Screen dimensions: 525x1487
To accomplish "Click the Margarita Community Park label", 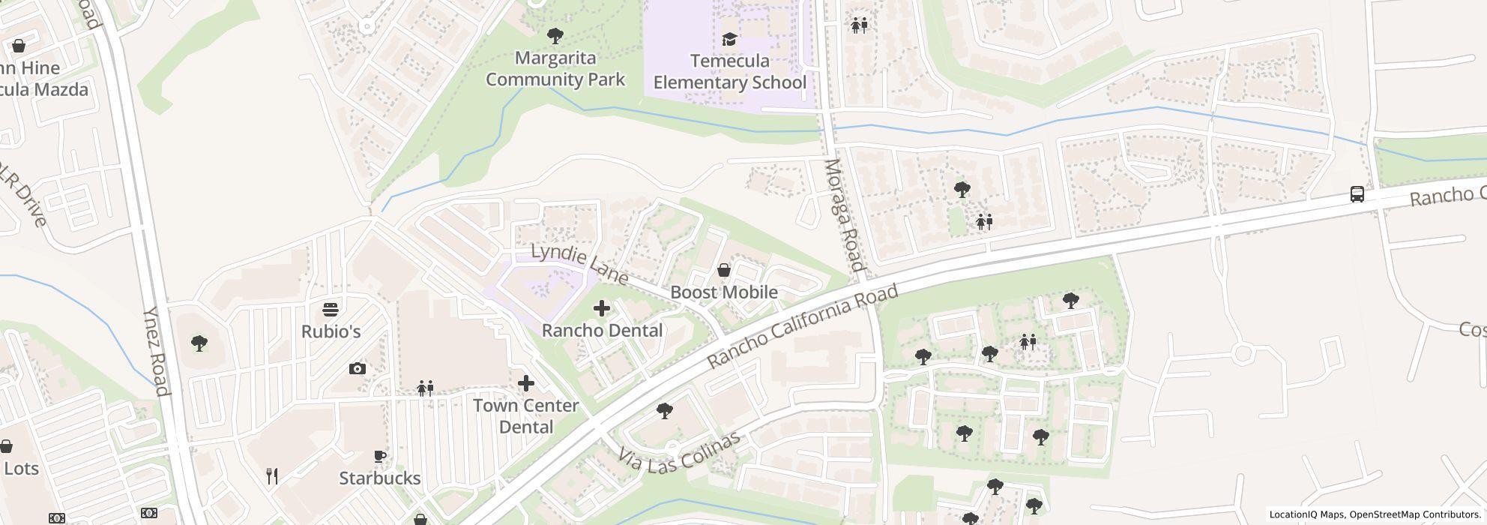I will click(555, 69).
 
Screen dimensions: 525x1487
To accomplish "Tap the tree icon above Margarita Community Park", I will click(555, 35).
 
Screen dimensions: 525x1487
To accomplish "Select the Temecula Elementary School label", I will click(729, 72).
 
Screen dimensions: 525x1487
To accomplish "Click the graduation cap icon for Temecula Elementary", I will click(729, 39).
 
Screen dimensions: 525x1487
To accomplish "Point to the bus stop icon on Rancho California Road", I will click(1357, 194).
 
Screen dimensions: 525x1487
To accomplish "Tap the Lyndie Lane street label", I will click(579, 263).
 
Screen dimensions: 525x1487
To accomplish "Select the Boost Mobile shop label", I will click(723, 292).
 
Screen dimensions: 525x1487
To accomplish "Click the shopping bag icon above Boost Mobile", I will click(724, 270).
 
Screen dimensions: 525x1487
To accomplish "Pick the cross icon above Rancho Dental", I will click(602, 308).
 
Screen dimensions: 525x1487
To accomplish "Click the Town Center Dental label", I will click(525, 416).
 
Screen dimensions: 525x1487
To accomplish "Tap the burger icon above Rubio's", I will click(331, 309).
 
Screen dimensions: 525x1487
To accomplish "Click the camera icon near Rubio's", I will click(358, 368).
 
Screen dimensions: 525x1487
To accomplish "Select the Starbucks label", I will click(379, 478).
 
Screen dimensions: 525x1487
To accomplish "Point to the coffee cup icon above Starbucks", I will click(380, 456).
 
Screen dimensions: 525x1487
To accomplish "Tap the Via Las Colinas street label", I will click(680, 452).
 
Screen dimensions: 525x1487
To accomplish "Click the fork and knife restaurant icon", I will click(273, 475).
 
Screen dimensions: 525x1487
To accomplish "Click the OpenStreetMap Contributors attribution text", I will click(1414, 515).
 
